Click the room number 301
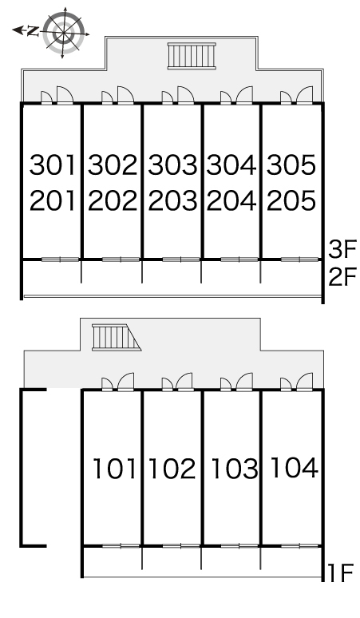coord(53,165)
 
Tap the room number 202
coord(113,200)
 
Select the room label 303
coord(172,165)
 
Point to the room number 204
coord(231,200)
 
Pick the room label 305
coord(291,165)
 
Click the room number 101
coord(114,469)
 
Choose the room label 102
coord(172,469)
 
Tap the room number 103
coord(235,469)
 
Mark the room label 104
coord(295,467)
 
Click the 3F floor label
coord(342,249)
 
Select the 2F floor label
coord(342,277)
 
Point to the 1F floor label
coord(339,572)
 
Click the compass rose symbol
coord(63,32)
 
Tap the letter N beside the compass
coord(33,30)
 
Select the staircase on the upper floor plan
coord(192,56)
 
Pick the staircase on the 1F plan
coord(117,338)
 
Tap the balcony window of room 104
coord(300,546)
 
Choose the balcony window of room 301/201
coord(60,259)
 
